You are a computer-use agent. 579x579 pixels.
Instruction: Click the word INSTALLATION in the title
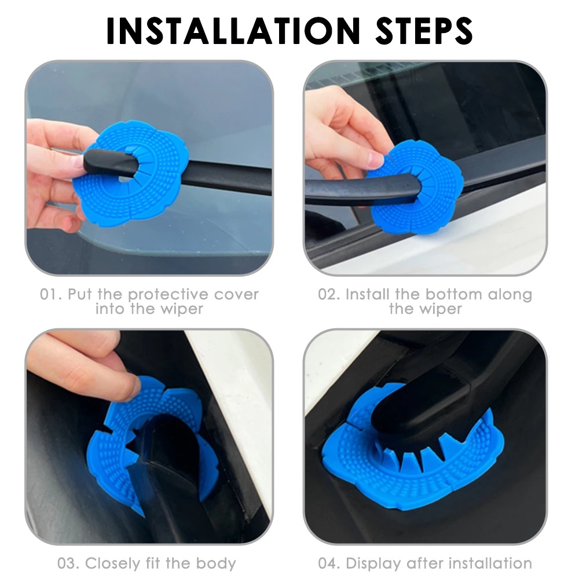[233, 31]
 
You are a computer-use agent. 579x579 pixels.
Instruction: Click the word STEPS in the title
[424, 31]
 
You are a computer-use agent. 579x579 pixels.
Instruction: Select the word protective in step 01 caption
[167, 295]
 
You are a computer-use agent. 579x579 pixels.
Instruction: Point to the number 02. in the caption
[329, 295]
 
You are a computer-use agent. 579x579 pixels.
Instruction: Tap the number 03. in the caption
[69, 563]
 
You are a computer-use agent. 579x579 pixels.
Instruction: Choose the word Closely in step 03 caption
[113, 564]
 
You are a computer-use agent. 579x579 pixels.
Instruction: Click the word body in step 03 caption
[215, 564]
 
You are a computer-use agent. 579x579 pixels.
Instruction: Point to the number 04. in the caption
[329, 563]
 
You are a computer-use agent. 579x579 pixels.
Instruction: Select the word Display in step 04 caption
[372, 564]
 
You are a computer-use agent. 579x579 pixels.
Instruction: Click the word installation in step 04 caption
[490, 563]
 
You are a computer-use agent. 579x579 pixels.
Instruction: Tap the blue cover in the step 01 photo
[131, 174]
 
